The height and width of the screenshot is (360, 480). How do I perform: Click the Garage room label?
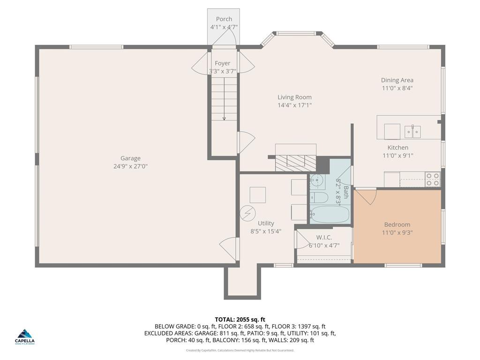(130, 158)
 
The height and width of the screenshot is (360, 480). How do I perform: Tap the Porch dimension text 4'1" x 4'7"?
(224, 27)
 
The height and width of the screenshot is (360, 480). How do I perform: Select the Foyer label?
(223, 63)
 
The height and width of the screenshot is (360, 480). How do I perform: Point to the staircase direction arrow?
(224, 118)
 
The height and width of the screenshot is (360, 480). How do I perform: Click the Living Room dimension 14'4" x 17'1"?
(294, 105)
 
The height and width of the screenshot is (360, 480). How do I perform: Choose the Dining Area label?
(397, 80)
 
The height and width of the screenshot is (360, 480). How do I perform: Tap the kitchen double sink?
(412, 131)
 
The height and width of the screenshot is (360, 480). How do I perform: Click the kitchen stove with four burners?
(432, 179)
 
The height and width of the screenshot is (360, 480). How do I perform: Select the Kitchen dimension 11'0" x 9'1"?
(397, 156)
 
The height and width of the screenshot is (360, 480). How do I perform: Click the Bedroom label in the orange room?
(397, 225)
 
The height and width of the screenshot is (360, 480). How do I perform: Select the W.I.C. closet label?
(324, 238)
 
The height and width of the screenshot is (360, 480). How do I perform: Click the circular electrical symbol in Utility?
(247, 213)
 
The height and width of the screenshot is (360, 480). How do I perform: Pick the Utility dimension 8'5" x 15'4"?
(266, 231)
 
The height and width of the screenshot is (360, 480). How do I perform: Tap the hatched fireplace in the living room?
(295, 162)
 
